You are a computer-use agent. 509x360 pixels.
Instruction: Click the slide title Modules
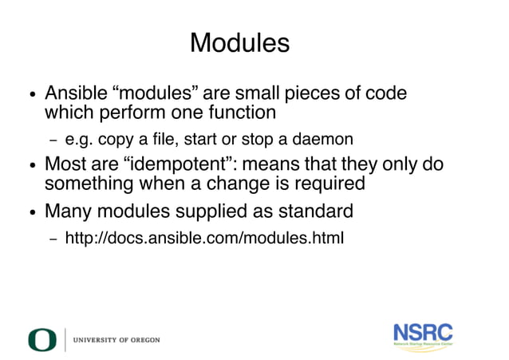point(239,42)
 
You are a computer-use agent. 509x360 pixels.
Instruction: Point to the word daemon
point(323,140)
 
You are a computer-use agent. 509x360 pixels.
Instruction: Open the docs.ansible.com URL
point(204,238)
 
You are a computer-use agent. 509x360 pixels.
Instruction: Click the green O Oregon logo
point(42,339)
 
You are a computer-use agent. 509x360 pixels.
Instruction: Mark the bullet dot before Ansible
point(31,95)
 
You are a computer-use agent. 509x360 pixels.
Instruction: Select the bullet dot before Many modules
point(31,214)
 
